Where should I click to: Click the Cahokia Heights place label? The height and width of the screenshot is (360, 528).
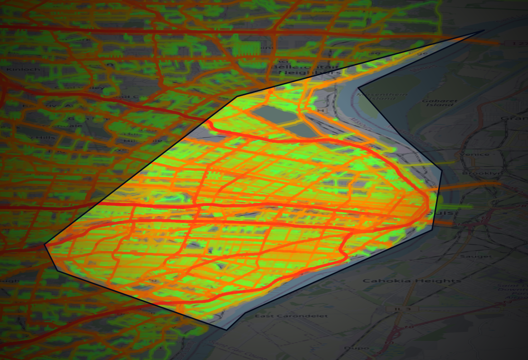[x=412, y=281]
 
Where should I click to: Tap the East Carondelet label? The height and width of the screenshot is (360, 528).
[x=291, y=316]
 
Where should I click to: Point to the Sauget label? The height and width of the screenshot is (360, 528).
[x=475, y=256]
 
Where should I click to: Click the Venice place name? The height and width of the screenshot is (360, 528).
[x=474, y=154]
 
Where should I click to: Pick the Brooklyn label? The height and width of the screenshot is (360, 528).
[x=476, y=173]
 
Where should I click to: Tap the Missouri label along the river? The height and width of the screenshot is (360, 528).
[x=361, y=124]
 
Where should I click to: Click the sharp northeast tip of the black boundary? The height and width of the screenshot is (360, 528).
[x=484, y=31]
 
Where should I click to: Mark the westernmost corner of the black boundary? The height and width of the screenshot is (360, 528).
[x=45, y=245]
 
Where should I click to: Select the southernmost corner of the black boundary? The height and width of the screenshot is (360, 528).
[x=225, y=328]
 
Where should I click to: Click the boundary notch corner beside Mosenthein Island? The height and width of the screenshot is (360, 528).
[x=358, y=88]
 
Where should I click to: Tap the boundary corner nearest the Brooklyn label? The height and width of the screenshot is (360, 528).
[x=442, y=171]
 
